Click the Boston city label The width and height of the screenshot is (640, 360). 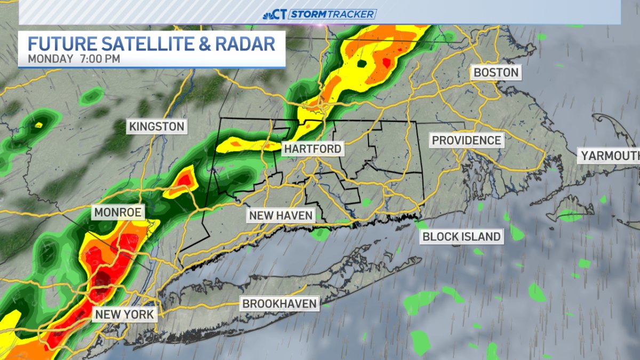(496, 73)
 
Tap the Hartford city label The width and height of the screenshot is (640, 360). (313, 149)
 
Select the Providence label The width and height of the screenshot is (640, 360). (467, 140)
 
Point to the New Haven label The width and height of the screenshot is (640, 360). (280, 215)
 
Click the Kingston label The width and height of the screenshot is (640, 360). (156, 127)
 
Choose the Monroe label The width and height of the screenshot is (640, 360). (117, 213)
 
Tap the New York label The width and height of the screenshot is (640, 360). (125, 314)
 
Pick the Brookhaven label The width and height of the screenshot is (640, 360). (280, 304)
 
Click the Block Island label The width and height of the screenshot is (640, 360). (461, 236)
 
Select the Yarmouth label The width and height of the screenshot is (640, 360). (610, 156)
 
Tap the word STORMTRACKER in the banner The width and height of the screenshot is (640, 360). (333, 14)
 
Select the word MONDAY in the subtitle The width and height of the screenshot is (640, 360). (51, 58)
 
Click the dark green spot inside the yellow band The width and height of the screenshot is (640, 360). (362, 65)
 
